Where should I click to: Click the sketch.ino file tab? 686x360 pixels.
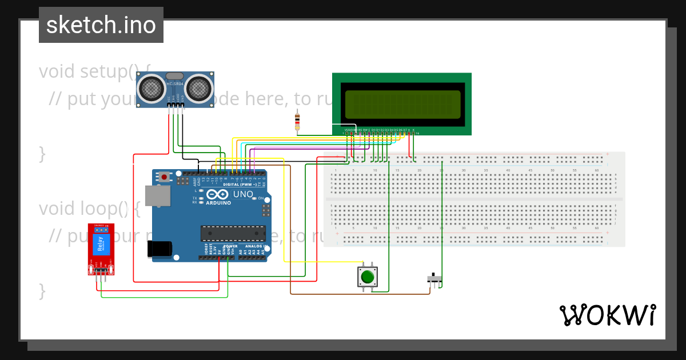tap(101, 25)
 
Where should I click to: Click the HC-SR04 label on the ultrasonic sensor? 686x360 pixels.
tap(175, 85)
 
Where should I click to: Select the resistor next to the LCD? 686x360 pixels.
tap(297, 120)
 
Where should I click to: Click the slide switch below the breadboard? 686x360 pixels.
tap(435, 279)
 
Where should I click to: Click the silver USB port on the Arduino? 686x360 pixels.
tap(157, 195)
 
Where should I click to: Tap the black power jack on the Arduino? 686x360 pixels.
tap(159, 249)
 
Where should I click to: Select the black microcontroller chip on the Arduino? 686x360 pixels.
tap(233, 233)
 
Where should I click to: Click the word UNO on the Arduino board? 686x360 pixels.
tap(243, 194)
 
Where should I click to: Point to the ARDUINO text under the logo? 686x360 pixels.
tap(218, 203)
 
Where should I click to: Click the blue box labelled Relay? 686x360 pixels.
tap(101, 245)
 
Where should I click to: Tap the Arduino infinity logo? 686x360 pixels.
tap(218, 194)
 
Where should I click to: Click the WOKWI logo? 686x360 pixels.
tap(608, 315)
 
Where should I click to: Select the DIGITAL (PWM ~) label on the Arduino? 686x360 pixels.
tap(238, 184)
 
